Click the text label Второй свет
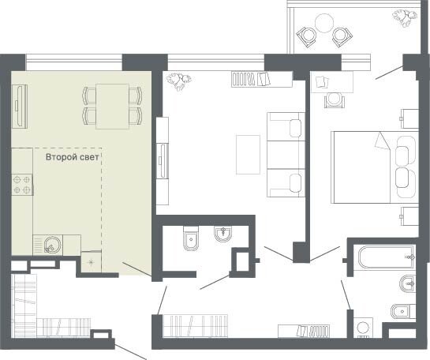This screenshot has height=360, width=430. click(x=72, y=157)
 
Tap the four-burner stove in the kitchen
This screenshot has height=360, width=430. click(x=22, y=185)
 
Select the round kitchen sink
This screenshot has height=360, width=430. click(x=50, y=245)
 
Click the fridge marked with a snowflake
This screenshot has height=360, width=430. click(x=92, y=261)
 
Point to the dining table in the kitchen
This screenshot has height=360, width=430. click(x=112, y=107)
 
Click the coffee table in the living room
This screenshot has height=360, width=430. click(x=249, y=155)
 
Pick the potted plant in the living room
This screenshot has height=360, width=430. click(x=178, y=81)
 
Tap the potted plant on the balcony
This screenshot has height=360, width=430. click(x=405, y=17)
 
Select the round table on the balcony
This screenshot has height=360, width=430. click(x=324, y=24)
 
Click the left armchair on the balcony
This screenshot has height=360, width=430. click(x=308, y=36)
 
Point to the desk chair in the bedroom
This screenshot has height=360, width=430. click(x=334, y=100)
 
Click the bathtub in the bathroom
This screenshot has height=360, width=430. click(x=386, y=257)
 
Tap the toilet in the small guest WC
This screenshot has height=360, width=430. click(x=191, y=238)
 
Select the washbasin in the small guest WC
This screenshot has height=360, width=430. click(x=222, y=234)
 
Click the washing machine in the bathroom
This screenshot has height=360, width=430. click(x=363, y=328)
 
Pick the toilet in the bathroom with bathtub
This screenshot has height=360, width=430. click(x=403, y=311)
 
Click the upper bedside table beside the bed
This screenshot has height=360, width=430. click(x=409, y=118)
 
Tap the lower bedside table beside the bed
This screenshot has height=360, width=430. click(x=409, y=216)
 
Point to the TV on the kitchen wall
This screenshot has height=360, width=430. click(x=20, y=106)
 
